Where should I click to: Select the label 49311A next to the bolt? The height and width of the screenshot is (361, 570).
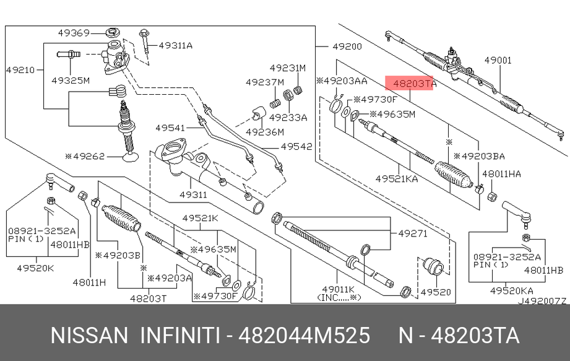[x=175, y=45]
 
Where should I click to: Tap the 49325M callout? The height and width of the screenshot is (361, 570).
[x=70, y=80]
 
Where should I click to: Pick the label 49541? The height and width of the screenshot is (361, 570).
[x=170, y=128]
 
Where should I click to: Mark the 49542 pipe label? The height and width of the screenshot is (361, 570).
[x=296, y=147]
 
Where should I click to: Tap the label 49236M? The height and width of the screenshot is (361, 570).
[x=264, y=132]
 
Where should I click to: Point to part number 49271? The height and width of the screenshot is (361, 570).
[x=412, y=233]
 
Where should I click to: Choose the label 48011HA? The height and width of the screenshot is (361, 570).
[x=501, y=175]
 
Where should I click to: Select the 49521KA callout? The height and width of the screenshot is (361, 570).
[x=396, y=178]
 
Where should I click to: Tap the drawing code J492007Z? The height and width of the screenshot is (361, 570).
[x=542, y=301]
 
